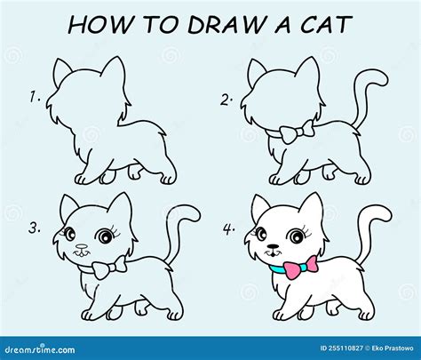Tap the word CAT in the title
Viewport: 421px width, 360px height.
click(327, 24)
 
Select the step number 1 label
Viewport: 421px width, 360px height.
click(35, 97)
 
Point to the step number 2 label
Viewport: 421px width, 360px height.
click(226, 100)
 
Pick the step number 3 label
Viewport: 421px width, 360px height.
click(35, 228)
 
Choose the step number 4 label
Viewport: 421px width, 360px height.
click(229, 229)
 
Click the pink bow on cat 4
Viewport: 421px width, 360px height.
click(301, 268)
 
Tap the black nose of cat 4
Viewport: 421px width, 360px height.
click(273, 246)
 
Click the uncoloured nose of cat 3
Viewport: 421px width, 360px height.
click(82, 246)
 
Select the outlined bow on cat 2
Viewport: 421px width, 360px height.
click(297, 132)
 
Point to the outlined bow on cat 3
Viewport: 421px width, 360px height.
click(109, 268)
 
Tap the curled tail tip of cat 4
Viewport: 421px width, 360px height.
click(384, 213)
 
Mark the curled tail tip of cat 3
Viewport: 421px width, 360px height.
click(192, 213)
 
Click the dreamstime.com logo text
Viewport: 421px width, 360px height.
click(40, 349)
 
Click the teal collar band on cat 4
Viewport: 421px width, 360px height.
click(278, 269)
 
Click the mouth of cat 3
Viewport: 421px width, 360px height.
click(82, 253)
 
